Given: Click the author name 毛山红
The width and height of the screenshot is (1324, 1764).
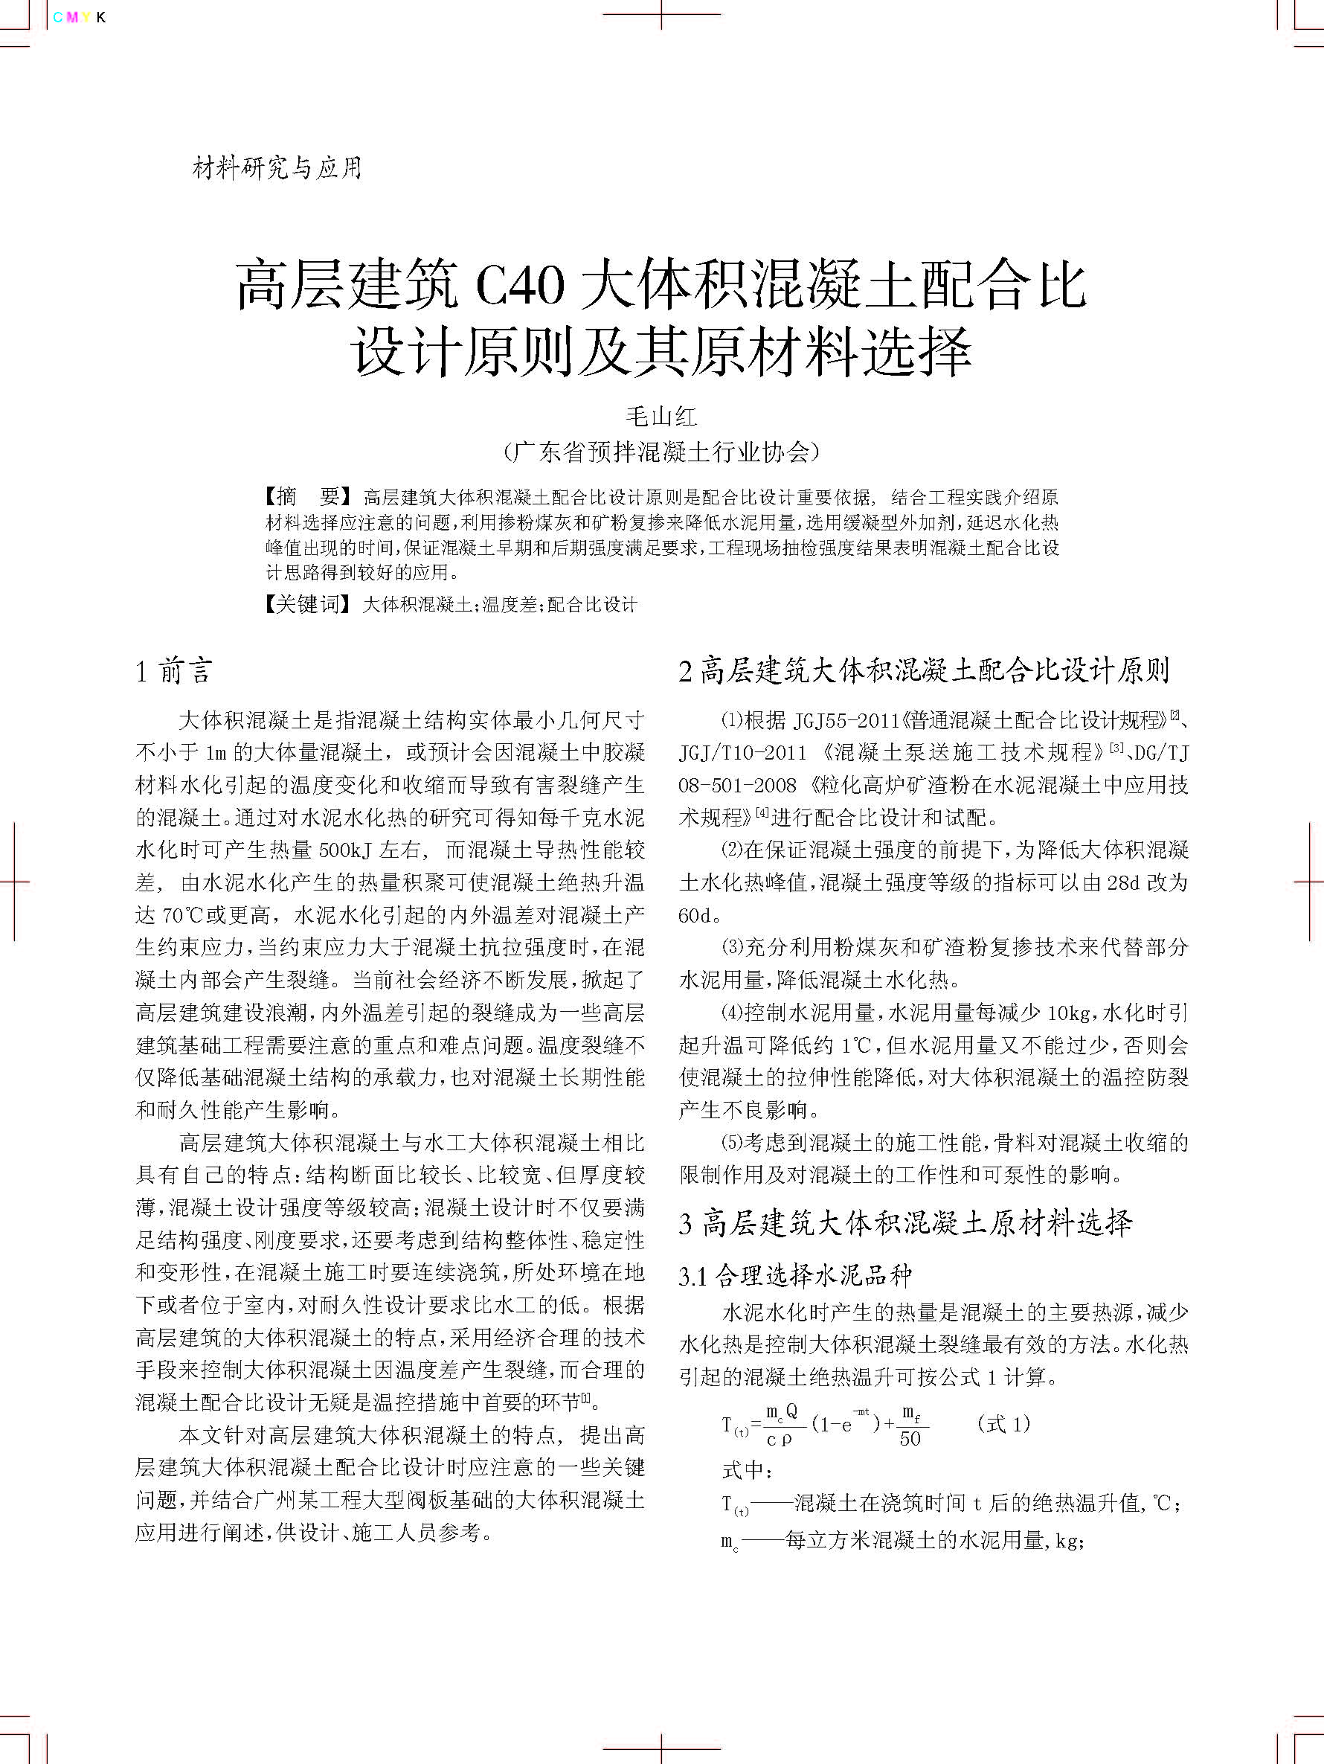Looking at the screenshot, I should (661, 417).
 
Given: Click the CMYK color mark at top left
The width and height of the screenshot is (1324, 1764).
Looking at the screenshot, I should (79, 18).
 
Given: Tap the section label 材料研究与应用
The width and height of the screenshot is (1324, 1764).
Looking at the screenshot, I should (277, 168).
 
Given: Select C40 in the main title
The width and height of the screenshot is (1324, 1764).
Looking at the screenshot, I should (519, 286).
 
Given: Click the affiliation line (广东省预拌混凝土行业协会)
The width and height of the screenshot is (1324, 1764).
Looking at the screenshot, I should (661, 452).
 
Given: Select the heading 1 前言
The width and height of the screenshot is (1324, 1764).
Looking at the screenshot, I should (174, 672).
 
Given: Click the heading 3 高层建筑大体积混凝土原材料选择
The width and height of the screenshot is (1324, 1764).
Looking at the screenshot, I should (905, 1223).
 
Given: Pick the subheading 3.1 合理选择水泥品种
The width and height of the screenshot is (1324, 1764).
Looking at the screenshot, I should (794, 1276).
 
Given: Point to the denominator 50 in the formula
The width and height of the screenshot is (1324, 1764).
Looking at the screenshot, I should (910, 1439).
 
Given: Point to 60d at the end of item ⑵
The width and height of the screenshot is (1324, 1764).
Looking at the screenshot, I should (694, 916).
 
